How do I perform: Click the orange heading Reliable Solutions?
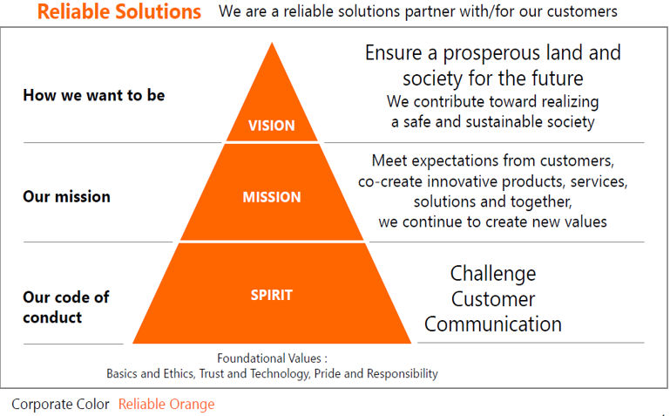click(x=118, y=11)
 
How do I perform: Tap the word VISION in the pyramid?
click(x=272, y=126)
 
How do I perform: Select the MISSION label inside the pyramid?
click(x=272, y=197)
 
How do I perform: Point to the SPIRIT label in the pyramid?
click(x=272, y=295)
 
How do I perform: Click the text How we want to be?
click(x=94, y=95)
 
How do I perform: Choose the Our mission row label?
click(x=67, y=197)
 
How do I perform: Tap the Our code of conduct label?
click(x=66, y=307)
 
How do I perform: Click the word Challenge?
click(x=493, y=274)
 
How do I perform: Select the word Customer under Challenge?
click(x=493, y=299)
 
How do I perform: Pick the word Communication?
click(x=493, y=324)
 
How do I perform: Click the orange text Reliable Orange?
click(x=166, y=404)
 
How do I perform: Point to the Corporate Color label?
click(x=60, y=404)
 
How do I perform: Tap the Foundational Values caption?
click(x=272, y=358)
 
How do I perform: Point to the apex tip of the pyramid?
click(x=272, y=43)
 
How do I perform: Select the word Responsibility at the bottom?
click(x=402, y=374)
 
